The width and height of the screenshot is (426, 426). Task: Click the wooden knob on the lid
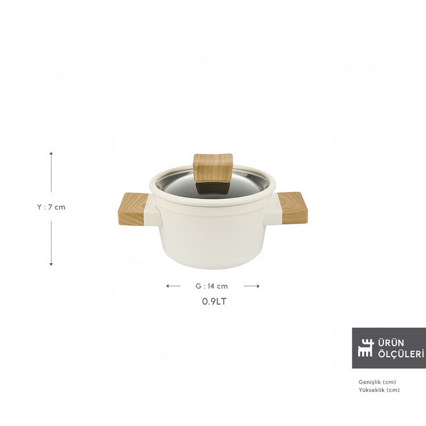coord(213,168)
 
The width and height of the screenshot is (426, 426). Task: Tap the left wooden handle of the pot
coord(132,209)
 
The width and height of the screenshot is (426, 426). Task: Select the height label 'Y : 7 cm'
coord(51,207)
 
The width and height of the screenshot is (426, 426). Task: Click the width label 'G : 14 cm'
coord(212,286)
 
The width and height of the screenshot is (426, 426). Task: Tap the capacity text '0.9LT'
coord(214,301)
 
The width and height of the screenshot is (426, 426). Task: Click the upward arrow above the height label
coord(51,172)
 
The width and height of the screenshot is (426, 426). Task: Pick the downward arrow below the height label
coord(51,243)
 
